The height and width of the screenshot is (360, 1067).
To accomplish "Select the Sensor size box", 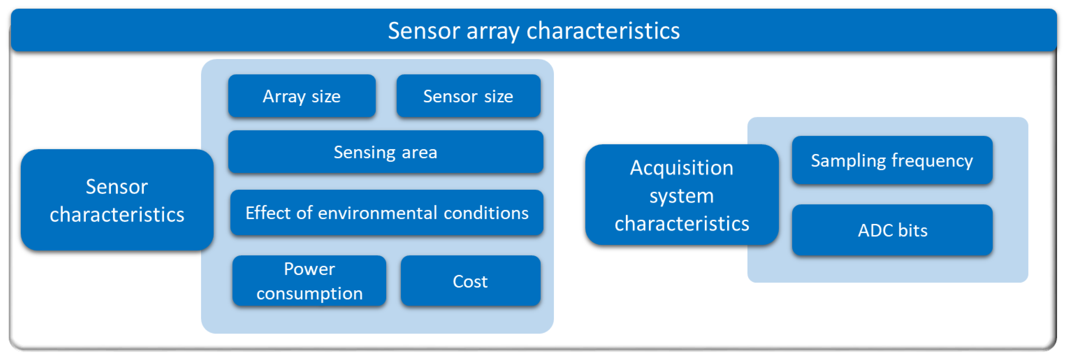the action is click(x=468, y=96).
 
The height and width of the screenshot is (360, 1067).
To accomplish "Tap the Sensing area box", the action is click(x=386, y=152).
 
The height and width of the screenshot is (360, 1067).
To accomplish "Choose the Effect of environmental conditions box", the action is click(x=387, y=212).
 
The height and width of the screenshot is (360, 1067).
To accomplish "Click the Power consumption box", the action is click(x=309, y=281).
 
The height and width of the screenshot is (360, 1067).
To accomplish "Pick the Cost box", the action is click(x=471, y=281).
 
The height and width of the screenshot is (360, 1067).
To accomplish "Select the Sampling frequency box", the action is click(x=892, y=160).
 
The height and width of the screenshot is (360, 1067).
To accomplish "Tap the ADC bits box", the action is click(x=892, y=230).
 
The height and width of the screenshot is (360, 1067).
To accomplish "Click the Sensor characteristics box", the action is click(x=117, y=200).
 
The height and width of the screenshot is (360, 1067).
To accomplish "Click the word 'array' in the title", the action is click(x=493, y=31).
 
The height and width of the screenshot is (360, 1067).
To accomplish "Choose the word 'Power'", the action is click(x=309, y=269).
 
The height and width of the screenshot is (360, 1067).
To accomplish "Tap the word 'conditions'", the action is click(x=486, y=213).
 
